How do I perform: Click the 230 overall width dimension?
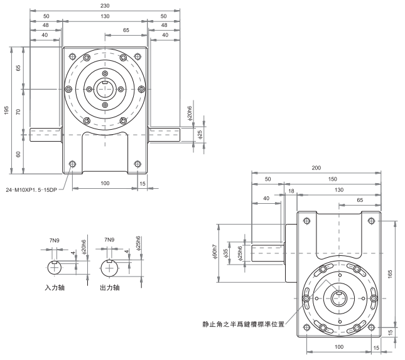coord(105,6)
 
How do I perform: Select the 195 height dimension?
coord(6,110)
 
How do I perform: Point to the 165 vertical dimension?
coord(390,274)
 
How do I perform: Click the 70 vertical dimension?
coord(19,111)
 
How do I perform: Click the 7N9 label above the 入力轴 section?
coord(55,240)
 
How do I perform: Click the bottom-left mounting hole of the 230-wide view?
coord(73,164)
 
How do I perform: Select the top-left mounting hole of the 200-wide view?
coord(306,220)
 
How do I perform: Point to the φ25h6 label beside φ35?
coord(241,253)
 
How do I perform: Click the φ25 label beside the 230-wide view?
coord(200,134)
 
